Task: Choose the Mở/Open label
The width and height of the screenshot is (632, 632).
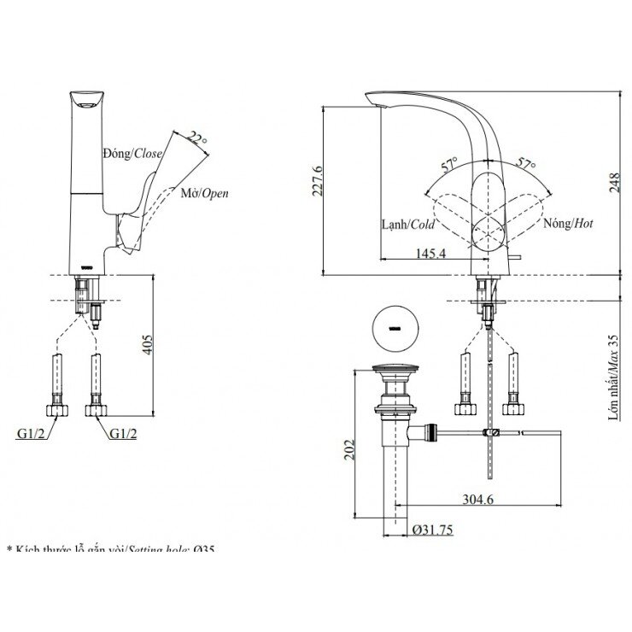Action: (x=204, y=193)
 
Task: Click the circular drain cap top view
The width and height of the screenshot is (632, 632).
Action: (x=395, y=327)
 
